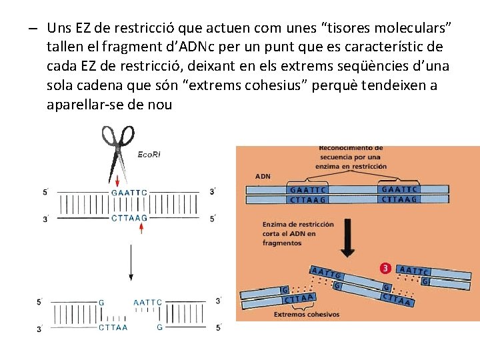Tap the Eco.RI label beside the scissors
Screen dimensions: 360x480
point(149,154)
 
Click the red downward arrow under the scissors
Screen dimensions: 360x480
point(117,181)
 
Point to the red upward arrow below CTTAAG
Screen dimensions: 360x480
point(141,228)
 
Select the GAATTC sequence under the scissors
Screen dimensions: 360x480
point(130,193)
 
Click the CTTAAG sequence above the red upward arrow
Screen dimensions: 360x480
point(129,217)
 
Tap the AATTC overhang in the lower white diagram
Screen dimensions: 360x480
point(148,302)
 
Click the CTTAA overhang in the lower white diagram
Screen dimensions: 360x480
point(113,327)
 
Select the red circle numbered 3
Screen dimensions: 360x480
point(384,269)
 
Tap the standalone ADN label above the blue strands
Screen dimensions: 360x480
point(263,177)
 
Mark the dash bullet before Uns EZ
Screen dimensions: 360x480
point(32,28)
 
